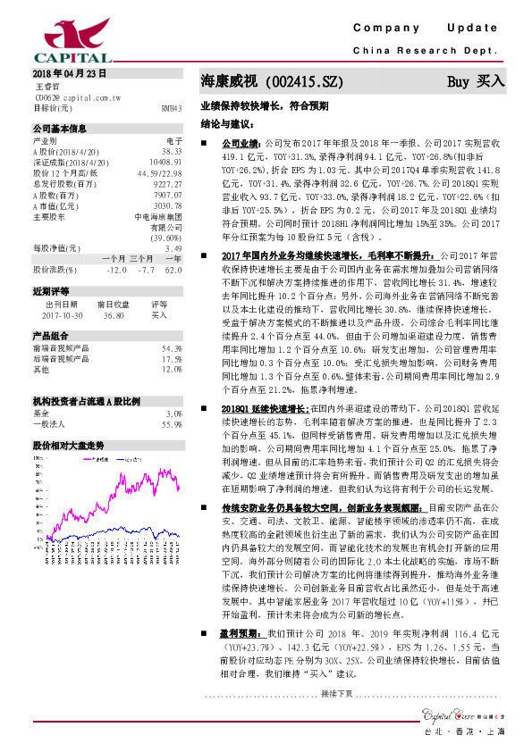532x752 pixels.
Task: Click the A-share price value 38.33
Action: [x=172, y=152]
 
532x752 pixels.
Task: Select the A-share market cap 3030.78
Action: [x=168, y=205]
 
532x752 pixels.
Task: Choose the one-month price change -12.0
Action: [x=116, y=269]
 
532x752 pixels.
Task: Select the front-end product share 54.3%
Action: [x=172, y=348]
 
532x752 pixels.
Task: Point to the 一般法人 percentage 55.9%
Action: [x=172, y=425]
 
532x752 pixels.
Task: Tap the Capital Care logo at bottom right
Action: [x=456, y=714]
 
